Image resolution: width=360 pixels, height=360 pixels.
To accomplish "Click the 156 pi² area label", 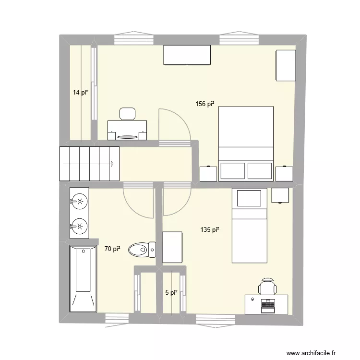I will (x=204, y=104).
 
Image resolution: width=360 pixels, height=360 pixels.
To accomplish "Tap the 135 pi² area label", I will (x=210, y=230).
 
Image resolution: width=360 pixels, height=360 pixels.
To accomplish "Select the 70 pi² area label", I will (x=112, y=249).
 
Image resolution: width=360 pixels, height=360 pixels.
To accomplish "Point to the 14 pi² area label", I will (x=80, y=93).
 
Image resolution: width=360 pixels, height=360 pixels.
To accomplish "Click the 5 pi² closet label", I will (x=171, y=292).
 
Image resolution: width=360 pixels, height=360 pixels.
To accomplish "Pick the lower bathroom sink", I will (x=80, y=225).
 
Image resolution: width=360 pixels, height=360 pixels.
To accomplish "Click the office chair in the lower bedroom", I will (x=267, y=286).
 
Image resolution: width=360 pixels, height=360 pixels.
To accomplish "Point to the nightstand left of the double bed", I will (x=208, y=173).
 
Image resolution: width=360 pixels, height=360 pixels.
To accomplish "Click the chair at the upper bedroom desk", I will (x=127, y=114).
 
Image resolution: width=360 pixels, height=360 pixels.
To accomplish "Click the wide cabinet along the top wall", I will (x=187, y=55).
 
